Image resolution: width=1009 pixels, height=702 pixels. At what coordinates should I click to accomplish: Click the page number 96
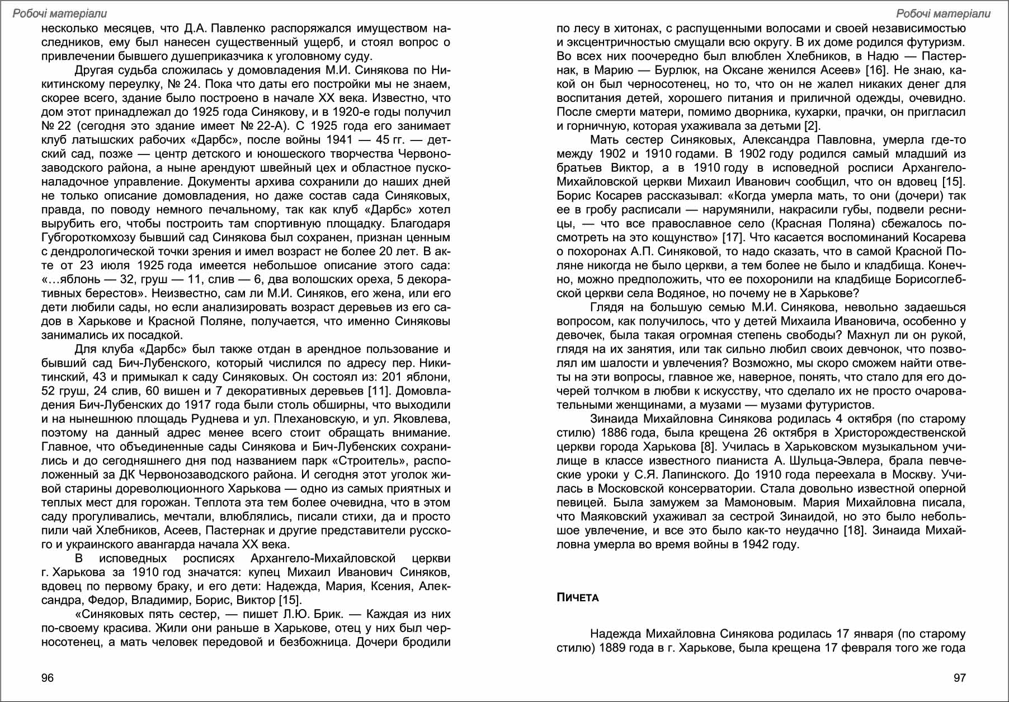[x=48, y=678]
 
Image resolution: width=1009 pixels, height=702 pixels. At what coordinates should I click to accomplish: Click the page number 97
[x=959, y=678]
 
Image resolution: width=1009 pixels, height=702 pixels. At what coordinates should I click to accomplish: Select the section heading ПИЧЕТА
[x=577, y=598]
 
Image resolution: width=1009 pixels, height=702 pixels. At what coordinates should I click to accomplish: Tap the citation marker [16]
[x=876, y=70]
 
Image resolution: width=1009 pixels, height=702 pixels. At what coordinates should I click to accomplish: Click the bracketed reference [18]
[x=854, y=530]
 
